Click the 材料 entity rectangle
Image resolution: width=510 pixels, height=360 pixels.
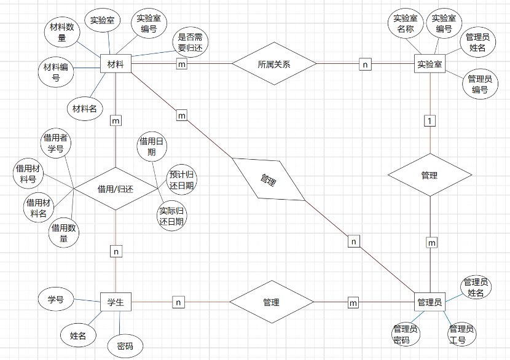(115, 65)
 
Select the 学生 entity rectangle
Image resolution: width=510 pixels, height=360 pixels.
(116, 302)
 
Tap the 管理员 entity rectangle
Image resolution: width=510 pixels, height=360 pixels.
(430, 302)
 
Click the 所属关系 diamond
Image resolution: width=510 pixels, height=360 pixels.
(274, 64)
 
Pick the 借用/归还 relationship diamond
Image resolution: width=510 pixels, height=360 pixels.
(116, 189)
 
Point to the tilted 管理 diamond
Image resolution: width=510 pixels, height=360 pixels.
(269, 179)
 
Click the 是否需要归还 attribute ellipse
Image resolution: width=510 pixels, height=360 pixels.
(190, 42)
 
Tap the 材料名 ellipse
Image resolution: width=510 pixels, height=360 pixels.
(85, 109)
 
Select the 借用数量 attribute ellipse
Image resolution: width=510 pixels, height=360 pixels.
(64, 233)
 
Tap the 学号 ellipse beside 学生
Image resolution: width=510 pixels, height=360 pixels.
(56, 300)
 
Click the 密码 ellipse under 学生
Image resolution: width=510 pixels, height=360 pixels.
(125, 346)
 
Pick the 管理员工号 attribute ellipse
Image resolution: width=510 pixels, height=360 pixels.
(461, 333)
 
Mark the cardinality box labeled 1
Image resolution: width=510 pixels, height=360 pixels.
(430, 120)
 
